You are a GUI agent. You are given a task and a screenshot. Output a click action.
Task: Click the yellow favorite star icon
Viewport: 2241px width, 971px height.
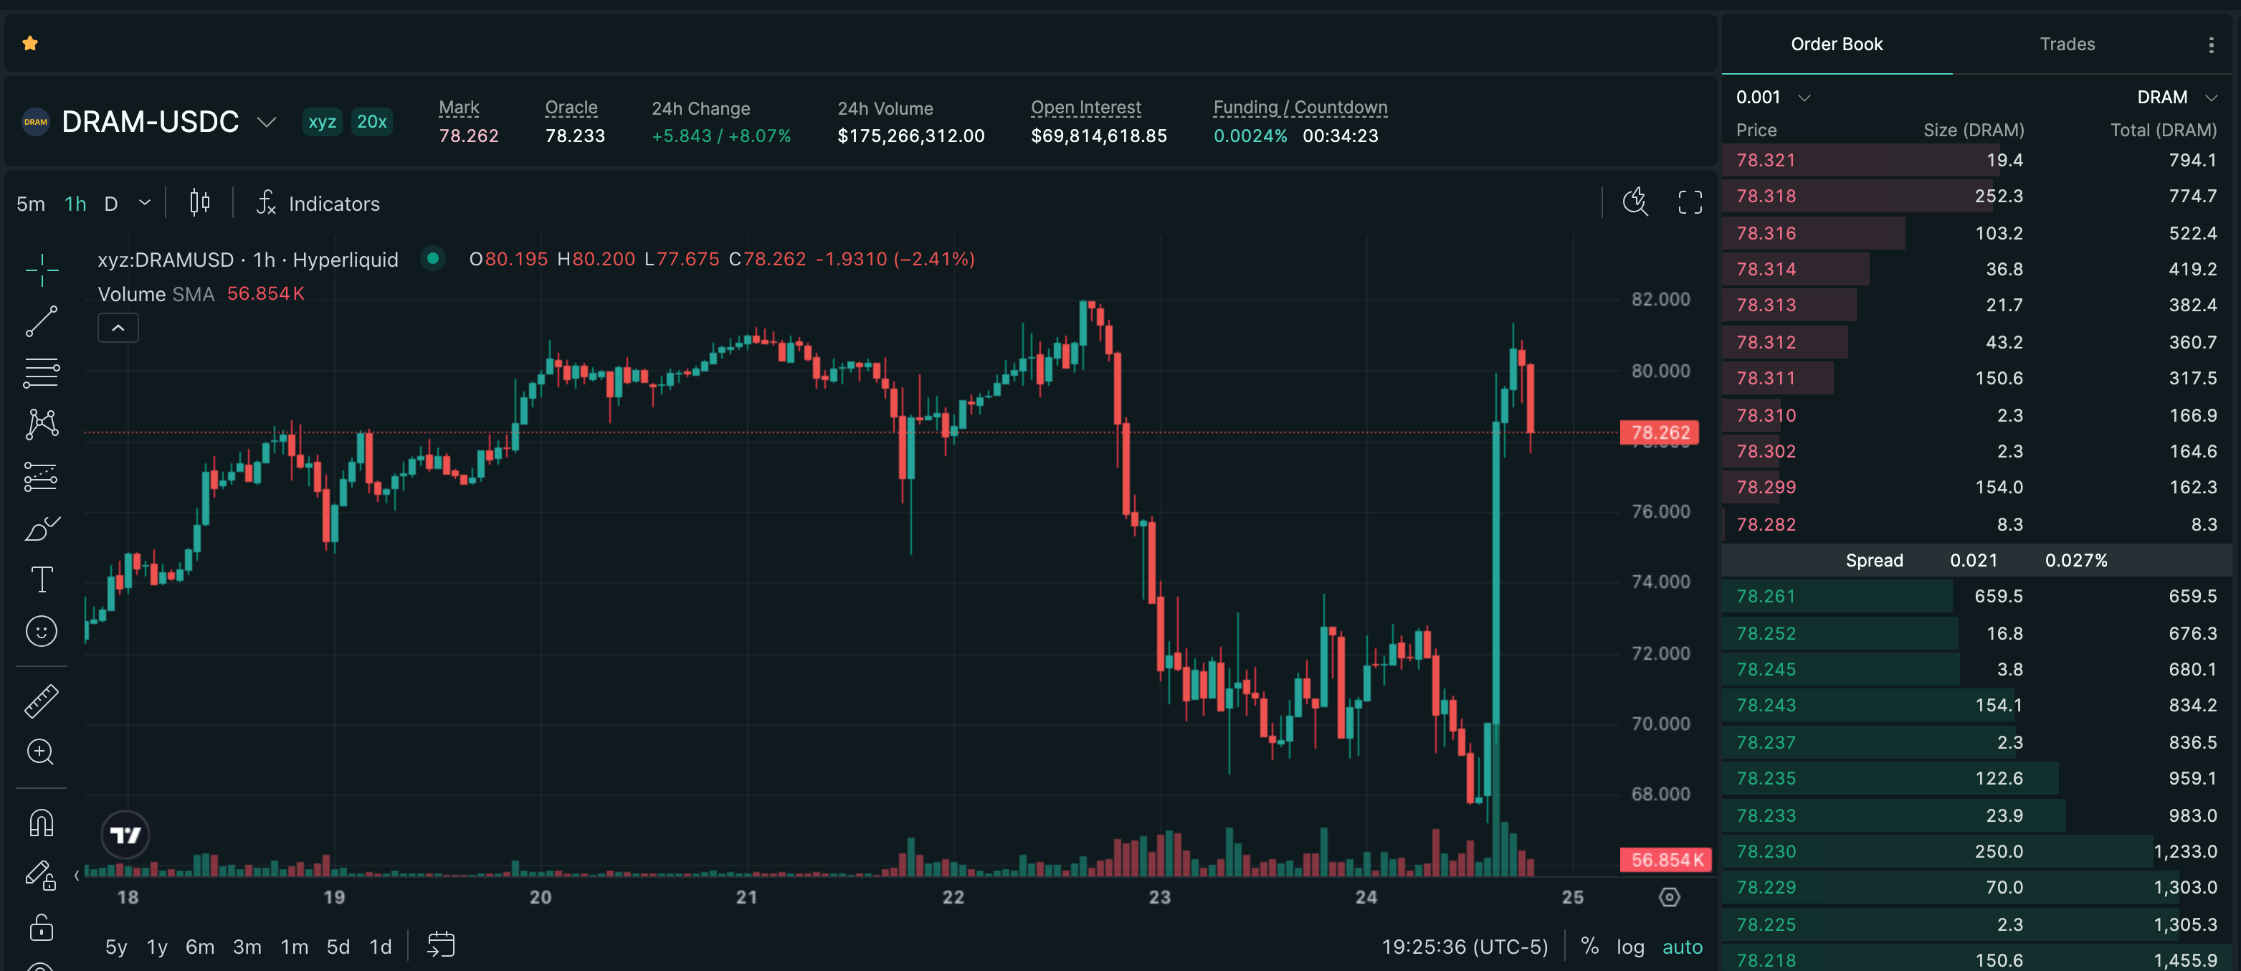coord(30,44)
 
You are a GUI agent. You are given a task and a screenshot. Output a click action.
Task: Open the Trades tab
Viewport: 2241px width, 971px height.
coord(2067,44)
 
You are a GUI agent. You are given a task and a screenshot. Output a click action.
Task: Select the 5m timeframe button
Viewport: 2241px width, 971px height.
coord(30,204)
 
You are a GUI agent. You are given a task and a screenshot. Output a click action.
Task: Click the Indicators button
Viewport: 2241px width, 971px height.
coord(318,204)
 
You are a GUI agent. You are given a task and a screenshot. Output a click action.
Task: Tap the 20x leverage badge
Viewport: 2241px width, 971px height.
coord(371,122)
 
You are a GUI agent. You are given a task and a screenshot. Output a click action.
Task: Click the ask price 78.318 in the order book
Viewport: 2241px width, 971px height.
coord(1766,196)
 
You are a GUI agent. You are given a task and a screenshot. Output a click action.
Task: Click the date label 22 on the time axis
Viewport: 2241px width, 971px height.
coord(953,897)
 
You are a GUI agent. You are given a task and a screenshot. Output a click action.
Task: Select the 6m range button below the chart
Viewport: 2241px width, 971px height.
coord(200,947)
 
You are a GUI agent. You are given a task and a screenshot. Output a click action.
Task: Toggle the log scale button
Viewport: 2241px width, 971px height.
coord(1630,947)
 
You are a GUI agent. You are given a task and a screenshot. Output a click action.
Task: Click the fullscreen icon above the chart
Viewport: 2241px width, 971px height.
coord(1690,203)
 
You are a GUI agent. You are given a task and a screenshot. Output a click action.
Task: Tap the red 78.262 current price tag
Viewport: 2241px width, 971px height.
coord(1660,432)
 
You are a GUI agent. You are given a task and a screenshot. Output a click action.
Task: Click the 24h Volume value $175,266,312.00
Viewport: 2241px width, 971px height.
coord(911,136)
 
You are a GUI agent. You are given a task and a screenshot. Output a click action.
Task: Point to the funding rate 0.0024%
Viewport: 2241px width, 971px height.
coord(1250,136)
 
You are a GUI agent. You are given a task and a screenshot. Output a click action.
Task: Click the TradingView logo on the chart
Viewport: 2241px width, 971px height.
coord(125,835)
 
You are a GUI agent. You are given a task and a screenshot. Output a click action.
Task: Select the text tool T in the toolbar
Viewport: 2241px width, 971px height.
coord(41,579)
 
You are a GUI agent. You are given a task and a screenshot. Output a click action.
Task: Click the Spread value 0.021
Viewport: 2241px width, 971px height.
coord(1973,560)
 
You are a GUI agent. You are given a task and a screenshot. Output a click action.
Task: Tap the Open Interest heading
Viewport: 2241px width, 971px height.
coord(1085,108)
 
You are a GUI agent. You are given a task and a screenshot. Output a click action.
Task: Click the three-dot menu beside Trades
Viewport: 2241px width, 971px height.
coord(2211,45)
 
